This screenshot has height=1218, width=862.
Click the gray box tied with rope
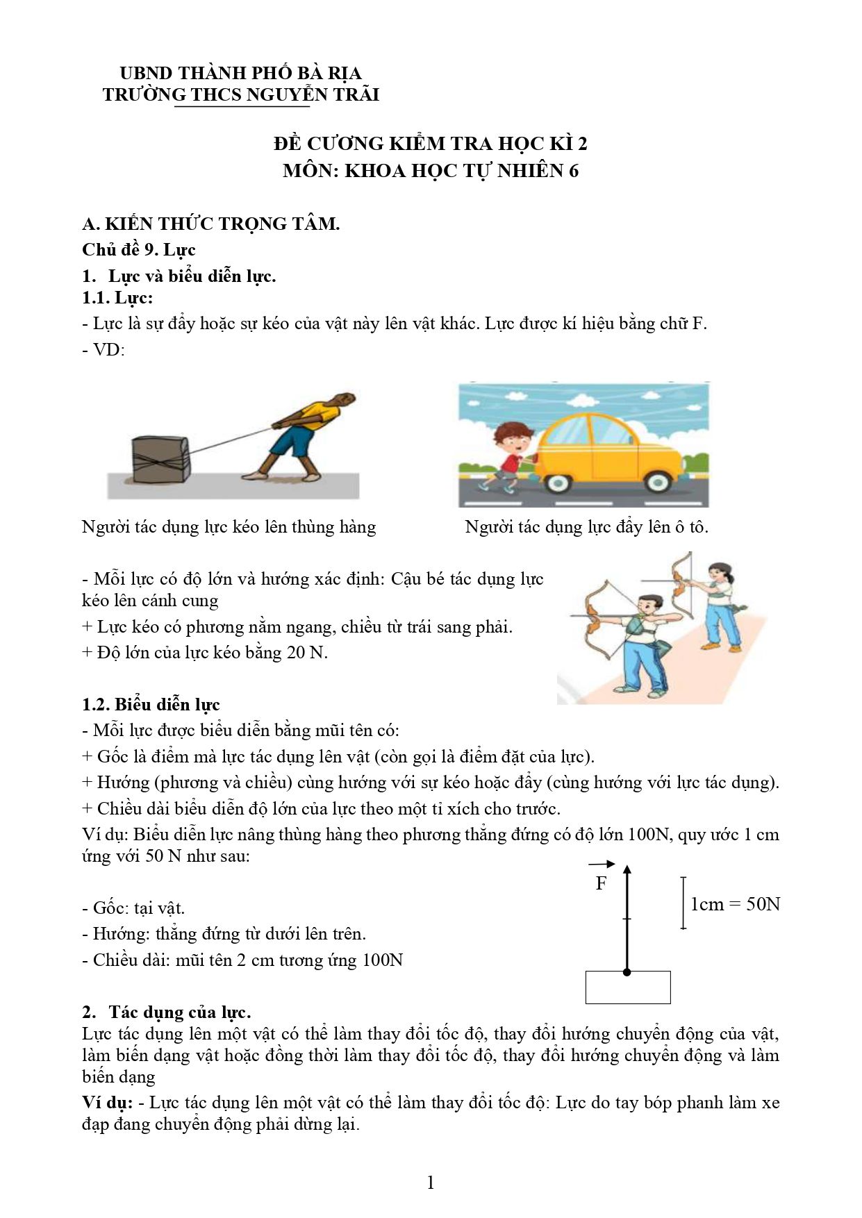pyautogui.click(x=160, y=459)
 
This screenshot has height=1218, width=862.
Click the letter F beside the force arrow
pyautogui.click(x=601, y=883)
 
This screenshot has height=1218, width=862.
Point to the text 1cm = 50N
pyautogui.click(x=735, y=904)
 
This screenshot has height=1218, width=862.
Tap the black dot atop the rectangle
pyautogui.click(x=627, y=972)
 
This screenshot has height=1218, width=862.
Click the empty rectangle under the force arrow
pyautogui.click(x=628, y=987)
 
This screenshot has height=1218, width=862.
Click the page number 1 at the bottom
pyautogui.click(x=431, y=1183)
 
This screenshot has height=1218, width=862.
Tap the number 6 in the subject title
pyautogui.click(x=574, y=171)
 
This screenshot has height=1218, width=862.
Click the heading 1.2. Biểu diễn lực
pyautogui.click(x=151, y=704)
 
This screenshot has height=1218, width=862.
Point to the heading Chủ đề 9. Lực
pyautogui.click(x=139, y=249)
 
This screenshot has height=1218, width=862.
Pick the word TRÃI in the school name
pyautogui.click(x=356, y=94)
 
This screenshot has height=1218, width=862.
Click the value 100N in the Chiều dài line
pyautogui.click(x=382, y=960)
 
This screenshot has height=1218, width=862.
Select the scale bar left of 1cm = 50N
pyautogui.click(x=683, y=903)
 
